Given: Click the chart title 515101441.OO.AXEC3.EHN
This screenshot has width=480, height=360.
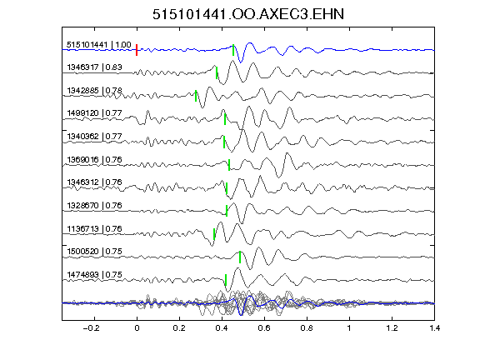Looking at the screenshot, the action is tap(248, 14).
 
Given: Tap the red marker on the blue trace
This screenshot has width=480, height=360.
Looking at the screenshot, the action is tap(137, 50).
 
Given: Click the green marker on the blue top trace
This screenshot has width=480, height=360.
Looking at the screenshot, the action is tap(233, 50).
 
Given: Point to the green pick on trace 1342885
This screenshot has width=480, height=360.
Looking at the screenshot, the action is tap(196, 96).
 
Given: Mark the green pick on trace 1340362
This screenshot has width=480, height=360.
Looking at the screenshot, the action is tap(224, 142).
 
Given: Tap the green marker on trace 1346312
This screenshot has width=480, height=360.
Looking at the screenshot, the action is tap(227, 188).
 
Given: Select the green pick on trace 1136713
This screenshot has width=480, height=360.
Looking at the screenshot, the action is tap(214, 234).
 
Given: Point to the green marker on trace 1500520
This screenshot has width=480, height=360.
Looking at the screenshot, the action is tap(240, 257).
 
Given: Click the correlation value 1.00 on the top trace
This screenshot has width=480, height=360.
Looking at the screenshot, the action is tap(123, 45).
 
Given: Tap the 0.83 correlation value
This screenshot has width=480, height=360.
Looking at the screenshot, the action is tap(113, 67).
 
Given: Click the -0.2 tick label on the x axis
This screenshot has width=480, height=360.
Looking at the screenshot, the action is tap(91, 328).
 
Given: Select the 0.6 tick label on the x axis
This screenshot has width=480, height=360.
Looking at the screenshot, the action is tap(264, 328).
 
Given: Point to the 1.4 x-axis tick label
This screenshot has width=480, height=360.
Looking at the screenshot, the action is tap(434, 328).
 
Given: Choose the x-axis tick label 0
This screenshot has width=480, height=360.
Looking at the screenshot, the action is tap(137, 328).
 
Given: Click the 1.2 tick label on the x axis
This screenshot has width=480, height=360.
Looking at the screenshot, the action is tap(392, 328).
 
